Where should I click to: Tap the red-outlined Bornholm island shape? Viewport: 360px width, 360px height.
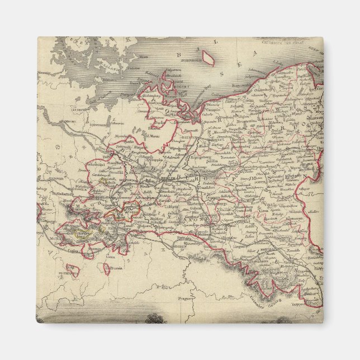[208, 58]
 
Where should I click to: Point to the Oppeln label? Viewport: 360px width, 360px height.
[302, 273]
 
